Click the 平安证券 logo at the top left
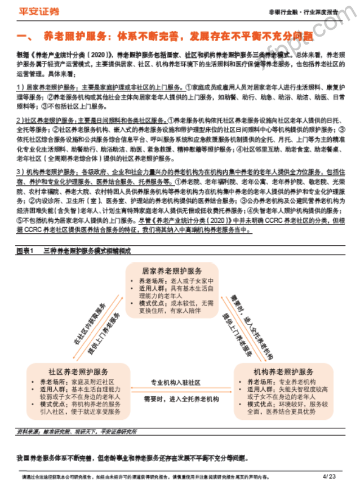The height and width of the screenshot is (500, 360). click(40, 11)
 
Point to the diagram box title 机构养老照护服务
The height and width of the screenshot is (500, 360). click(283, 372)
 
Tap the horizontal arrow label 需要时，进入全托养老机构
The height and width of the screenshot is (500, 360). click(180, 399)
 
